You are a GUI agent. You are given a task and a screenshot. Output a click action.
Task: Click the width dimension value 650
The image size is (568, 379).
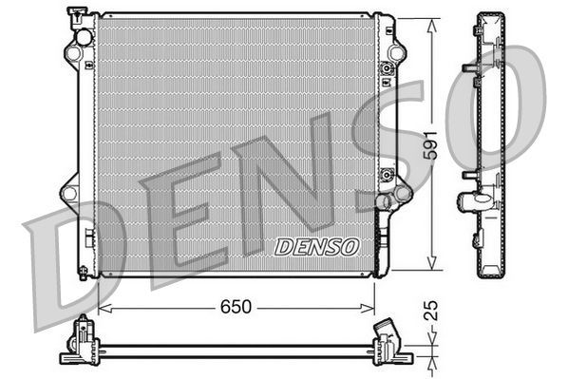click(237, 307)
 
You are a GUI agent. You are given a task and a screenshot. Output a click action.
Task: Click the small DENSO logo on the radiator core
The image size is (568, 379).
click(317, 247)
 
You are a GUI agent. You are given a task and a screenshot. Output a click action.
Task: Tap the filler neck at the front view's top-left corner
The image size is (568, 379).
click(75, 16)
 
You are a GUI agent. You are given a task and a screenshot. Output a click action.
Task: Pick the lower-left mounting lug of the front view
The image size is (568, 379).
click(68, 193)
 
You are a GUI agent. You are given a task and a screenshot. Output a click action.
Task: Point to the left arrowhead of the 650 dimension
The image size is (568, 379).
click(104, 308)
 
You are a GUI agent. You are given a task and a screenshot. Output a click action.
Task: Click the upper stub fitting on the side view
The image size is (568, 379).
click(470, 68)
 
